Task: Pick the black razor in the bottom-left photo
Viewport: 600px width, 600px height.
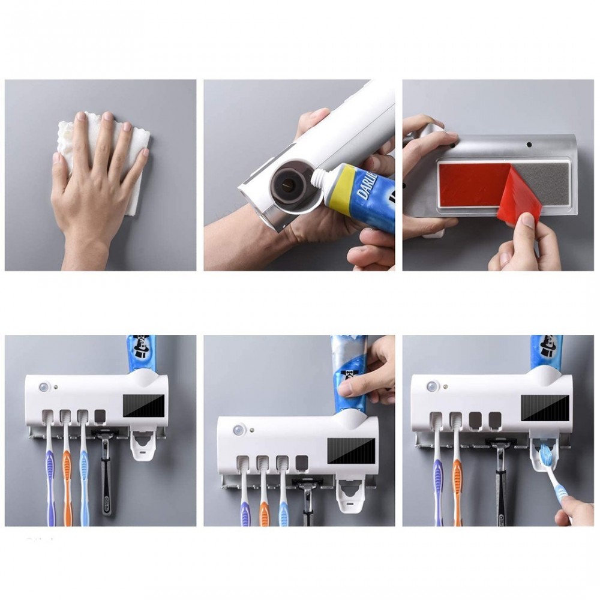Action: [106, 474]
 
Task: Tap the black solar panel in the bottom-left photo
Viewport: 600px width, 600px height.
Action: [144, 406]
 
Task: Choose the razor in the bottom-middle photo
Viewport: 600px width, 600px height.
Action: [308, 498]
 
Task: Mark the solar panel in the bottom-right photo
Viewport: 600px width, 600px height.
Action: [544, 407]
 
